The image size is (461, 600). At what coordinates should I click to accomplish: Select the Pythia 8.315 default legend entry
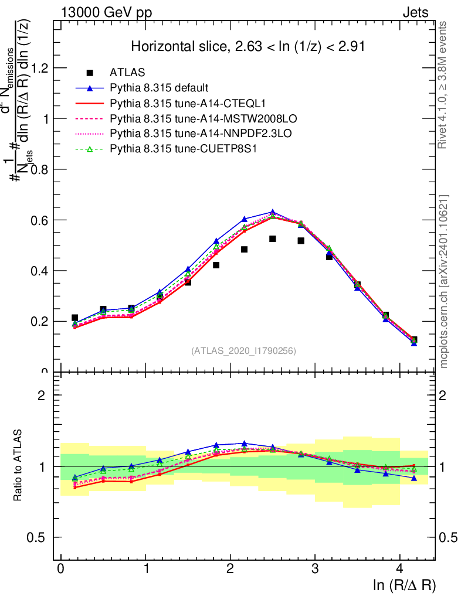pos(158,88)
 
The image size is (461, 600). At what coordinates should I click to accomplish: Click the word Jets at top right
pos(415,12)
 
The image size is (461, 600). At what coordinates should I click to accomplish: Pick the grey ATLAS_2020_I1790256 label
pos(243,351)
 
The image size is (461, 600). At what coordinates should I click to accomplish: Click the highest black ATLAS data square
pos(273,239)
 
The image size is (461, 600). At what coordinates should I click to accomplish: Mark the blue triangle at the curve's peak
pos(273,212)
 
